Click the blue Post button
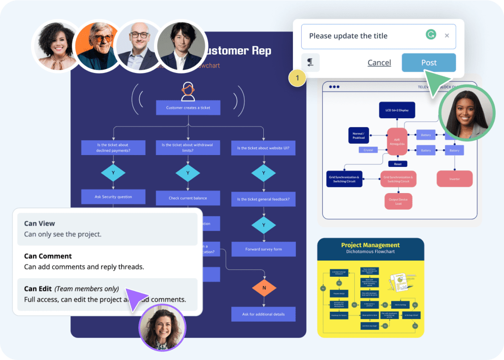click(428, 63)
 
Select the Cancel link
click(379, 63)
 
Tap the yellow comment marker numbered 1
click(297, 78)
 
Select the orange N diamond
click(264, 287)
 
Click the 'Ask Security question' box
click(113, 196)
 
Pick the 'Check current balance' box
click(188, 198)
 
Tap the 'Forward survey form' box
click(264, 249)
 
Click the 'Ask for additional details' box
click(264, 314)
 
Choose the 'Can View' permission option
click(107, 229)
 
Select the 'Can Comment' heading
click(48, 256)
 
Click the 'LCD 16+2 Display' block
click(397, 110)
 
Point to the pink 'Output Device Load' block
click(398, 201)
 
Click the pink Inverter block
click(454, 179)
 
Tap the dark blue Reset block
click(398, 164)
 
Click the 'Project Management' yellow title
click(370, 245)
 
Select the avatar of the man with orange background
click(97, 46)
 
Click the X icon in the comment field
click(447, 35)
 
